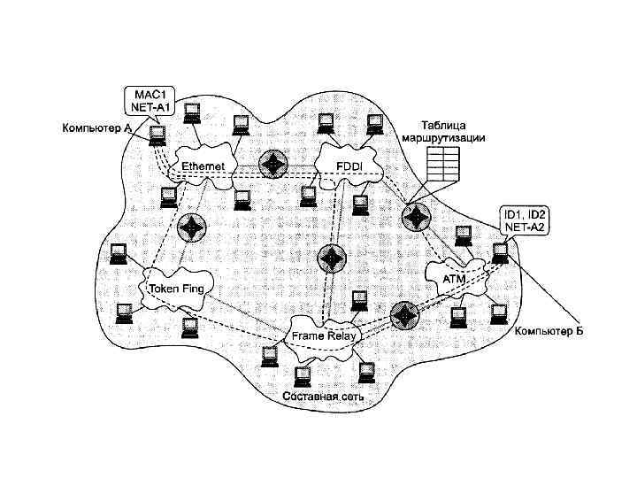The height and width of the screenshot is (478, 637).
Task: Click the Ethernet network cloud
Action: (203, 166)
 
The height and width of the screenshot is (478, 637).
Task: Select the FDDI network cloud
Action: (346, 166)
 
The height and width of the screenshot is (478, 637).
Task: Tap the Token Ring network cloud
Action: (176, 289)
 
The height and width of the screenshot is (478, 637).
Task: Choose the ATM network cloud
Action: (455, 277)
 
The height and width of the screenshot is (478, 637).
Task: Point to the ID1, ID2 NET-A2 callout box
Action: (525, 220)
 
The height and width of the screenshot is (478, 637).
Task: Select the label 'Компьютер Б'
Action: (549, 332)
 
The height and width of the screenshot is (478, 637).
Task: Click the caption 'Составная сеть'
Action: (322, 397)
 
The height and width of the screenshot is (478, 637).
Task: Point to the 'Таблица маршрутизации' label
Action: (442, 132)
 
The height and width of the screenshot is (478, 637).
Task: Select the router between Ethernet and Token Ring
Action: (190, 227)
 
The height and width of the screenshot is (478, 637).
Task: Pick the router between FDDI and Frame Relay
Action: (330, 258)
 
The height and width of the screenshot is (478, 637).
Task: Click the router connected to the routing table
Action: (414, 217)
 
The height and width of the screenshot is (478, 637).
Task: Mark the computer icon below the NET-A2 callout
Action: (499, 254)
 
